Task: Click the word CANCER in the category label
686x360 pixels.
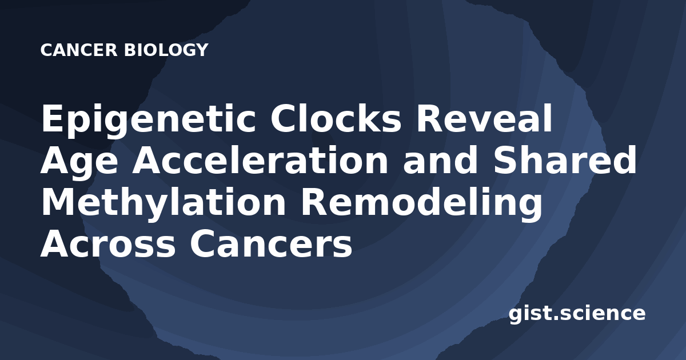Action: [79, 50]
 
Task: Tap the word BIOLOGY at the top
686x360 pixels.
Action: [166, 50]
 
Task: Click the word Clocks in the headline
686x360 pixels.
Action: [336, 118]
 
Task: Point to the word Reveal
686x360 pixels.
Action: [484, 118]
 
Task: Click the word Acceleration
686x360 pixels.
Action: [260, 160]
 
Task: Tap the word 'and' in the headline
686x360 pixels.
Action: [441, 160]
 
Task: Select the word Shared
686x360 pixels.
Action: [565, 160]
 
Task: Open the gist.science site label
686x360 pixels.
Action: [577, 314]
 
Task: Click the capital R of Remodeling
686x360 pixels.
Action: [314, 202]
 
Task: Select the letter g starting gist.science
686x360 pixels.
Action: [515, 317]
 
